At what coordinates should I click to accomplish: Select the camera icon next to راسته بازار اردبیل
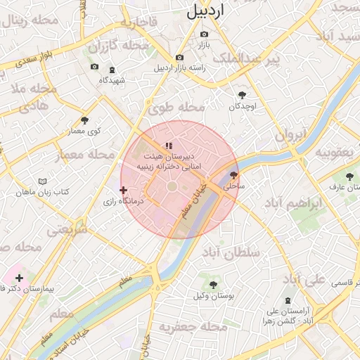pos(180,57)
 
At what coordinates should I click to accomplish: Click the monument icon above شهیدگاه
pos(112,70)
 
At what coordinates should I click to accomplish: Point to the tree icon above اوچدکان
pos(243,95)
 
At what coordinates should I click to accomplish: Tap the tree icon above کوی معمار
pos(85,120)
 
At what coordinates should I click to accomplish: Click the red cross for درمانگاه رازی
pos(124,190)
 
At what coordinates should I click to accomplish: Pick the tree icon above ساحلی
pos(233,176)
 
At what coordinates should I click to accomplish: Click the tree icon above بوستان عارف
pos(349,176)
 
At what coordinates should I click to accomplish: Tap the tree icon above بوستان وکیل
pos(213,285)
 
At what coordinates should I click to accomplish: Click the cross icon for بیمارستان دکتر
pos(19,278)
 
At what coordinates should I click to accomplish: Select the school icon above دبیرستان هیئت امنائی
pos(168,146)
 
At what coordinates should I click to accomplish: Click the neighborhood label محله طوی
pos(176,108)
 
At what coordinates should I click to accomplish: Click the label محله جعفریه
pos(184,328)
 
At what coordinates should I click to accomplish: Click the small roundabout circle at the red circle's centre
pos(172,186)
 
